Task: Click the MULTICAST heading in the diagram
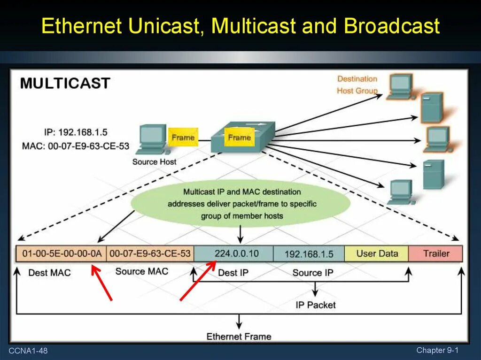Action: (65, 84)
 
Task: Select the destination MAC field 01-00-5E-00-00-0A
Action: (62, 254)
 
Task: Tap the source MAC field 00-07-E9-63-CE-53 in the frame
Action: (150, 254)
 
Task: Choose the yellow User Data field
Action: (377, 254)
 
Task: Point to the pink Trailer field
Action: (436, 254)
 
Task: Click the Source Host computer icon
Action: (151, 139)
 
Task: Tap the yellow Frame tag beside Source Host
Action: (183, 138)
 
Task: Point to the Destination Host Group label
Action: (357, 85)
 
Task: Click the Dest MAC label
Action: (49, 273)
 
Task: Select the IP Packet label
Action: (316, 305)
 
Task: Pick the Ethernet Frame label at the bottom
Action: (239, 337)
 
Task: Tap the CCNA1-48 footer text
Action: (28, 351)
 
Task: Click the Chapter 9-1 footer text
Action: (437, 350)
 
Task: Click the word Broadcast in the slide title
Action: (392, 26)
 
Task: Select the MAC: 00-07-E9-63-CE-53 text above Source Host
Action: (75, 146)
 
